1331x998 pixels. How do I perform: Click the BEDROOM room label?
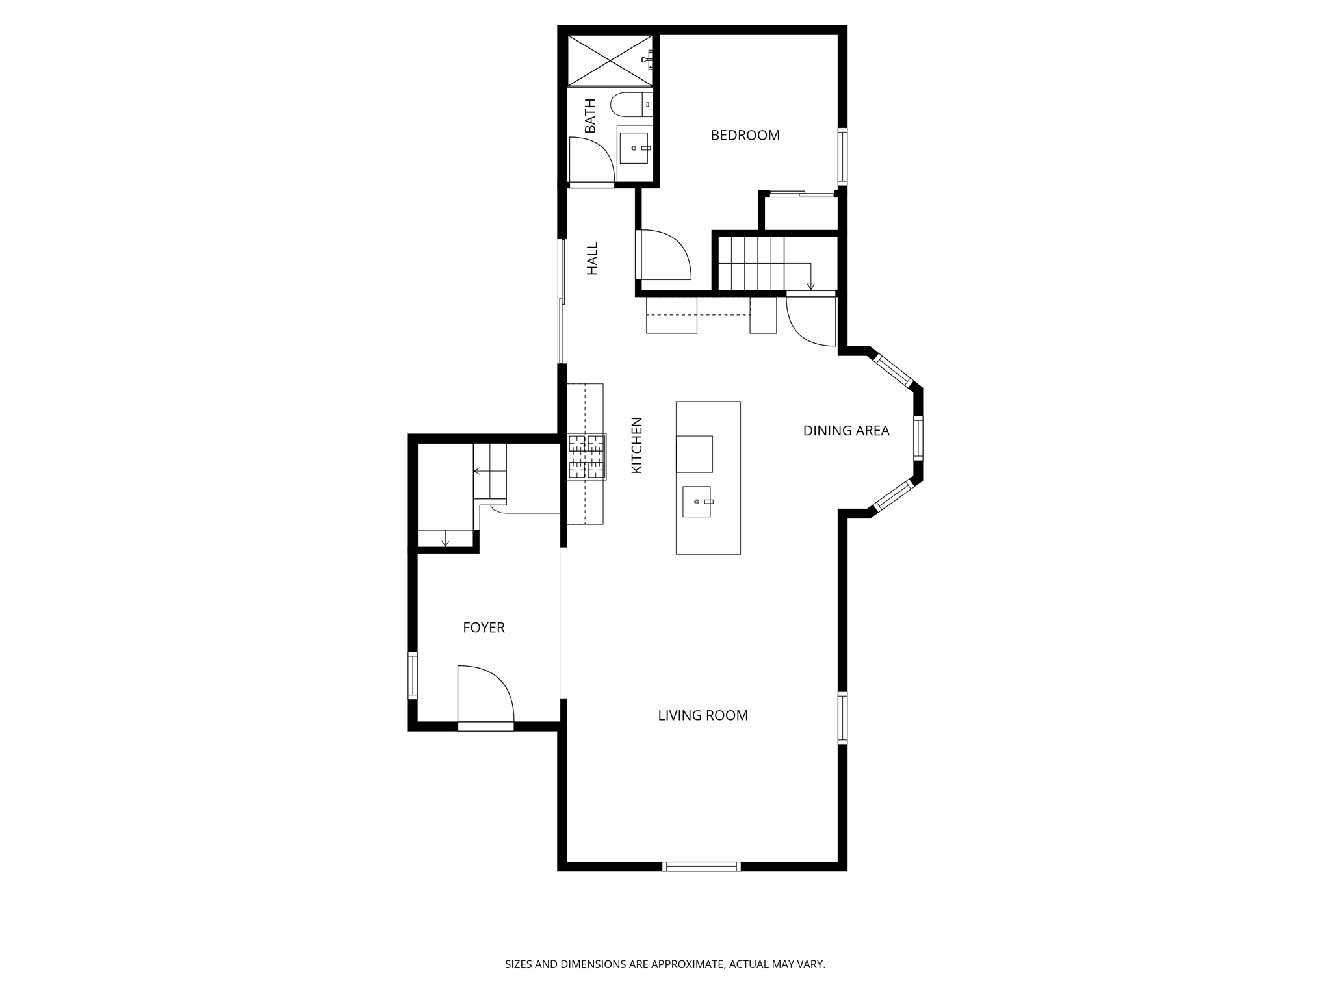pos(745,135)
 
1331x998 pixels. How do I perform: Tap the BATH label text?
pos(590,116)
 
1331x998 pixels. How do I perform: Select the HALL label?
pos(592,259)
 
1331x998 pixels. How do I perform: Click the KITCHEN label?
pos(637,445)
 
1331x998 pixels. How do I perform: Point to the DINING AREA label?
pos(846,431)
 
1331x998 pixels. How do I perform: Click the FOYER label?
pos(484,628)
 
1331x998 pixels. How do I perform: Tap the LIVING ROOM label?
pos(703,715)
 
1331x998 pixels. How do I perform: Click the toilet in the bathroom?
pos(630,104)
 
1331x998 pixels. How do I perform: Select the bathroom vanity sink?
pos(634,148)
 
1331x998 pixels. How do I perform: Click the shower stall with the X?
pos(610,60)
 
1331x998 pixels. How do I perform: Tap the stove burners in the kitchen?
pos(587,457)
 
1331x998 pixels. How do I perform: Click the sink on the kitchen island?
pos(697,502)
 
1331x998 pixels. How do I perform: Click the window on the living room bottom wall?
pos(701,866)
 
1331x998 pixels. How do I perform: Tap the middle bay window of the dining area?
pos(918,438)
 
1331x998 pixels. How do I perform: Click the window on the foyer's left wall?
pos(413,675)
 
